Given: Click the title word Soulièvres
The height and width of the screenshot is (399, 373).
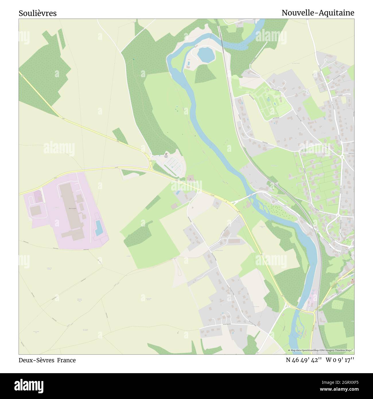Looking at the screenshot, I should click(38, 13).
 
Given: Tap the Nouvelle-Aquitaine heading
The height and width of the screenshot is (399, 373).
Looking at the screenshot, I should click(318, 13).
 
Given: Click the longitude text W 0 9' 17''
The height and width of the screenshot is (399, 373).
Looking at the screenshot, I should click(340, 360).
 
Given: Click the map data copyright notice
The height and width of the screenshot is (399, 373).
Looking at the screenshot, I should click(321, 350).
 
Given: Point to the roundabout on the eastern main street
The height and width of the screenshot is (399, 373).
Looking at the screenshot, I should click(342, 157).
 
